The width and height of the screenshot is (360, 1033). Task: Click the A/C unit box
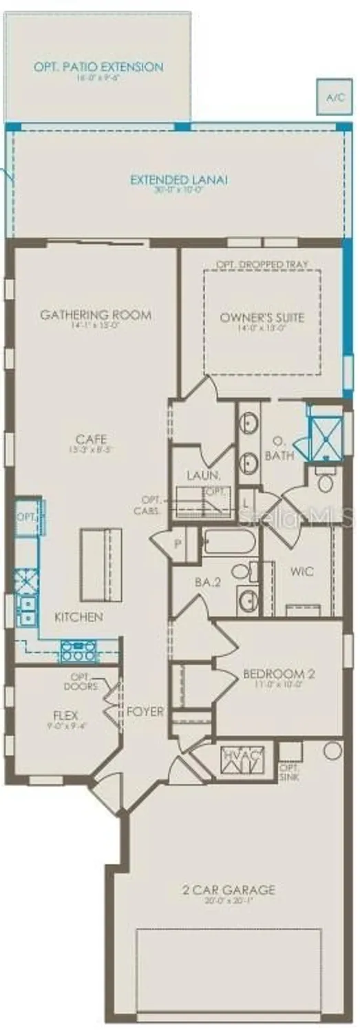(335, 97)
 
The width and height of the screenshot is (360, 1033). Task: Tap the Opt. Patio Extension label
(99, 67)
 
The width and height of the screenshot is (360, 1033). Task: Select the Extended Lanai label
(179, 180)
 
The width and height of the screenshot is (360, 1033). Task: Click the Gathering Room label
(96, 315)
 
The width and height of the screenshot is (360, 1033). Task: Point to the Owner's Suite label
(262, 317)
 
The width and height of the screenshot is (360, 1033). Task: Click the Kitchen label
(78, 616)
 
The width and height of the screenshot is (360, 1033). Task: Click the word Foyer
(145, 711)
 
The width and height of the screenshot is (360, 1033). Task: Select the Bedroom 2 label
(279, 674)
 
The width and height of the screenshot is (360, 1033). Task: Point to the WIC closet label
(302, 572)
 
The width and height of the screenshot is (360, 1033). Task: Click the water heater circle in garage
(332, 751)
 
